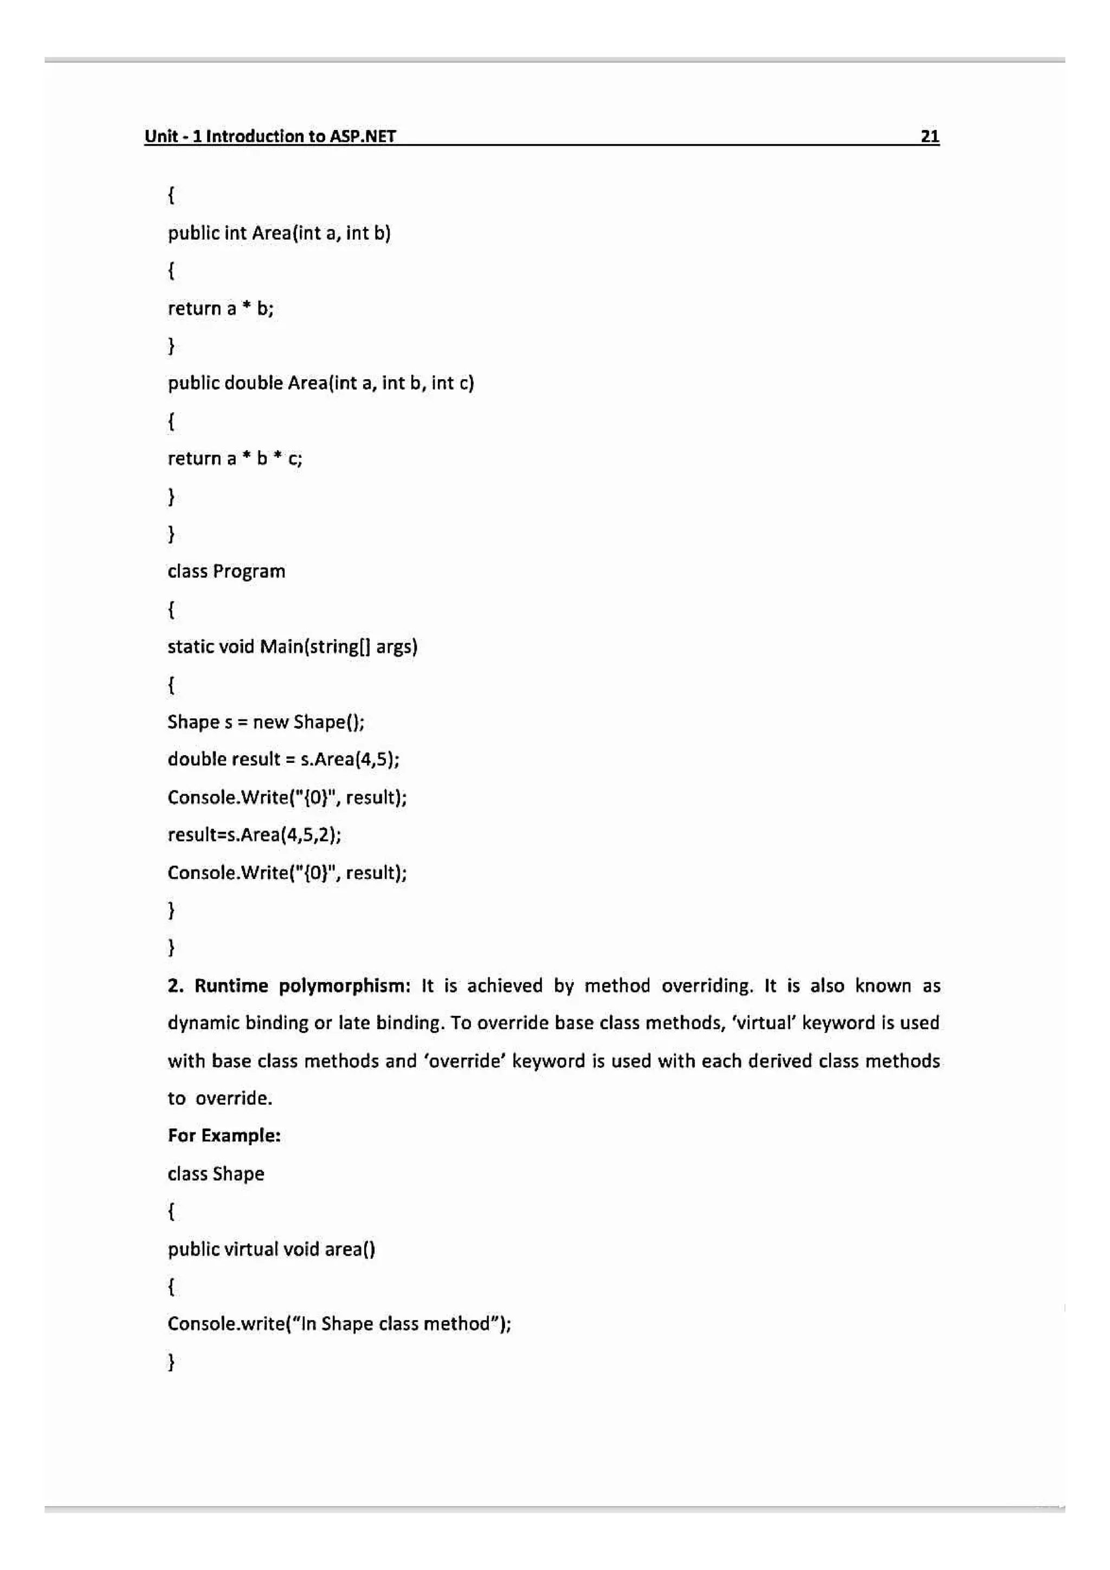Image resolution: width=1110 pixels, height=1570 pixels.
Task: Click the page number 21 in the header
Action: point(930,136)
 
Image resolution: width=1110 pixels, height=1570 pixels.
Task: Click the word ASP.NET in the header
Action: point(363,136)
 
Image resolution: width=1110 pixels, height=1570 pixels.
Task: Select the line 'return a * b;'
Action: point(220,308)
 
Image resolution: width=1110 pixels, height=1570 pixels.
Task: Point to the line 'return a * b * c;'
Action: point(235,458)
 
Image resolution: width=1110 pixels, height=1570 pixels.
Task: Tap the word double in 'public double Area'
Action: point(253,383)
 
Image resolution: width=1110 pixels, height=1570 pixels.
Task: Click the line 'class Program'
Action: point(227,571)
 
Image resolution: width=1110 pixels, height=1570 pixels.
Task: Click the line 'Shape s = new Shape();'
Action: point(266,722)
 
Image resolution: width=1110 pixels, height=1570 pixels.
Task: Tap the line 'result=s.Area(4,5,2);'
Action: point(254,834)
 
